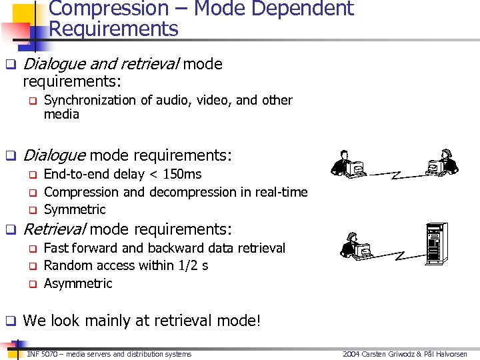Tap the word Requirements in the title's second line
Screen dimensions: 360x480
114,29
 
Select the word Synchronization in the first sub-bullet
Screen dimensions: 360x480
91,100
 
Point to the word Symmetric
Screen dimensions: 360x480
75,209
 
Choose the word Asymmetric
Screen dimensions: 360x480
78,283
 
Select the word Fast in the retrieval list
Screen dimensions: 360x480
56,248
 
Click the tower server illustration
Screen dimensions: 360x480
437,243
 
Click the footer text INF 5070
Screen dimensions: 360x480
41,354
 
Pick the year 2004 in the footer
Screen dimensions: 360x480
351,354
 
